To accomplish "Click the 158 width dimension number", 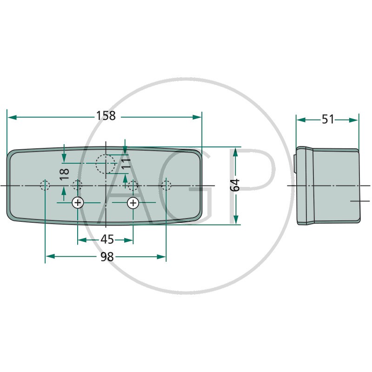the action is (x=106, y=116).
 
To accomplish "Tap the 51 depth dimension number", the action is (x=328, y=120).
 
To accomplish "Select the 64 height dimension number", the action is (x=235, y=185).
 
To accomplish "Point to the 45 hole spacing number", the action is (x=107, y=239).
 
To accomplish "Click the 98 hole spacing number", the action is (x=107, y=257).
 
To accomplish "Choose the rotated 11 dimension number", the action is (x=126, y=164).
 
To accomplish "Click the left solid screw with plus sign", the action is (x=78, y=203).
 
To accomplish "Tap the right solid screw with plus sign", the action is (x=133, y=203).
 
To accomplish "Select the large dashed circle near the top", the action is (x=106, y=164).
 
